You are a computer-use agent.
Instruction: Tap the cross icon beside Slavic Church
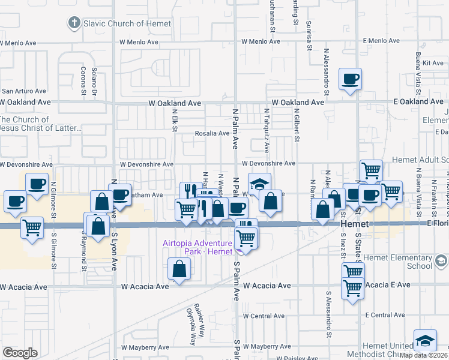click(x=74, y=23)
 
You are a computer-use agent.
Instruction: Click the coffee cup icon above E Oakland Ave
click(x=349, y=79)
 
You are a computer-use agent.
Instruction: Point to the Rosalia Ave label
click(x=212, y=133)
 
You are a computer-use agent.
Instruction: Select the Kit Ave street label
click(x=433, y=62)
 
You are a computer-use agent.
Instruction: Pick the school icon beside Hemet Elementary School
click(x=441, y=261)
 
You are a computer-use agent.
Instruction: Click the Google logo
click(x=20, y=353)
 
